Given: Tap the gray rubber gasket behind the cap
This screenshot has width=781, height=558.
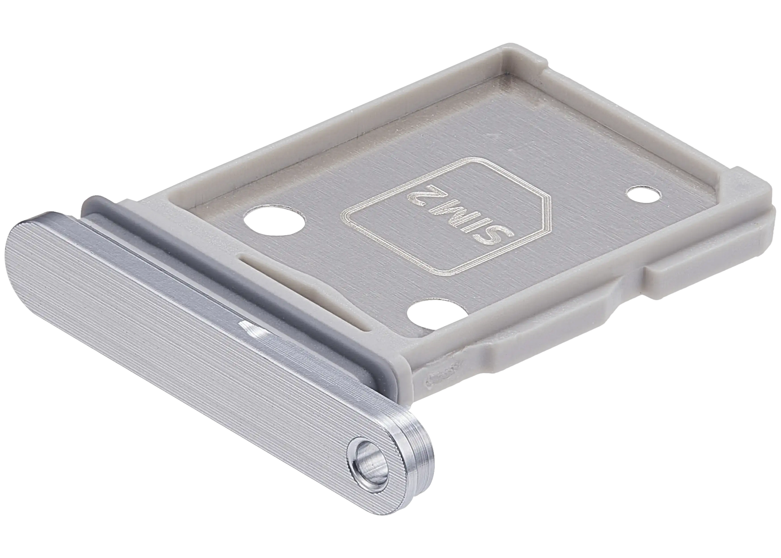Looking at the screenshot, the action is pos(243,278).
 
